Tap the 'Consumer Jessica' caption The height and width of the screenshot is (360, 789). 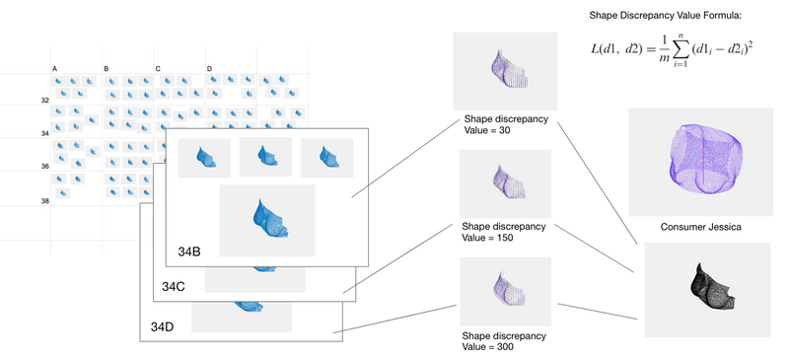click(x=699, y=227)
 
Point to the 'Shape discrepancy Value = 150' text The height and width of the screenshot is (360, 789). click(x=505, y=232)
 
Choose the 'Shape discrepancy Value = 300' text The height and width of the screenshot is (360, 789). click(x=505, y=341)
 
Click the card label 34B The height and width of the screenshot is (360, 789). click(x=189, y=252)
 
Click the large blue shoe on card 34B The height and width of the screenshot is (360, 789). click(x=267, y=220)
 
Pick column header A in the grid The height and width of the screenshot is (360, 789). click(x=54, y=68)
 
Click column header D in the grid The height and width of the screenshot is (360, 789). click(x=209, y=68)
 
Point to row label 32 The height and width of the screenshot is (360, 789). click(x=44, y=100)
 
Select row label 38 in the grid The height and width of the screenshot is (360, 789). click(x=44, y=200)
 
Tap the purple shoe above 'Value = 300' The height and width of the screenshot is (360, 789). click(x=504, y=291)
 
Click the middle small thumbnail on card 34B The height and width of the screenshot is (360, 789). click(x=266, y=157)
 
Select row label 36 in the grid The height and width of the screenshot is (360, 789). click(x=44, y=167)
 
